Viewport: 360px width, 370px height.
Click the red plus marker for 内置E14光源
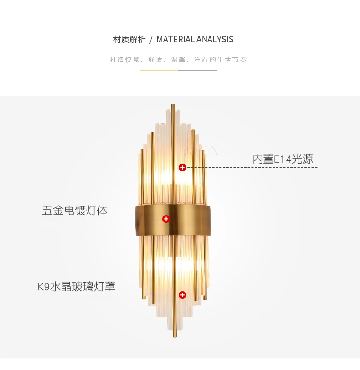tap(182, 167)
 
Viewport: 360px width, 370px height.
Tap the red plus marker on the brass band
tap(166, 219)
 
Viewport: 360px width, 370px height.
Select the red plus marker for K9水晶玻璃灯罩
tap(182, 295)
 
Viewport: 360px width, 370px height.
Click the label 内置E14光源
tap(283, 159)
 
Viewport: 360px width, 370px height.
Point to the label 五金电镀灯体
tap(75, 210)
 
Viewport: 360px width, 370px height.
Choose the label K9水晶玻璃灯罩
tap(76, 287)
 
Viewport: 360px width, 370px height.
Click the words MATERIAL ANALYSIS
tap(195, 39)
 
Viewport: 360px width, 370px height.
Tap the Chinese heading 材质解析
tap(129, 39)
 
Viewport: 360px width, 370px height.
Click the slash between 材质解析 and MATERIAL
tap(151, 39)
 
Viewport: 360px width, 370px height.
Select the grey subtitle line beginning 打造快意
tap(178, 60)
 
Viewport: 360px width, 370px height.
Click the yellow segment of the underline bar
tap(159, 70)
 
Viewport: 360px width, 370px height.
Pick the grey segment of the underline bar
tap(197, 70)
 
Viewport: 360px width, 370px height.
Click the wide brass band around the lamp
tap(173, 220)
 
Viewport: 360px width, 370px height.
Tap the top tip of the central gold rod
tap(173, 104)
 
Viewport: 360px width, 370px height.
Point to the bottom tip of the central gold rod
tap(175, 336)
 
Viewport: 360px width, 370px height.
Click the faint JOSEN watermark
tap(202, 151)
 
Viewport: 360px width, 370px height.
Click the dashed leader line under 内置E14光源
tap(252, 167)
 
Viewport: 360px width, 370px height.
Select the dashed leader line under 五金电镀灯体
tap(100, 219)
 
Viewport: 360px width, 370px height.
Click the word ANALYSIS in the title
tap(215, 39)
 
